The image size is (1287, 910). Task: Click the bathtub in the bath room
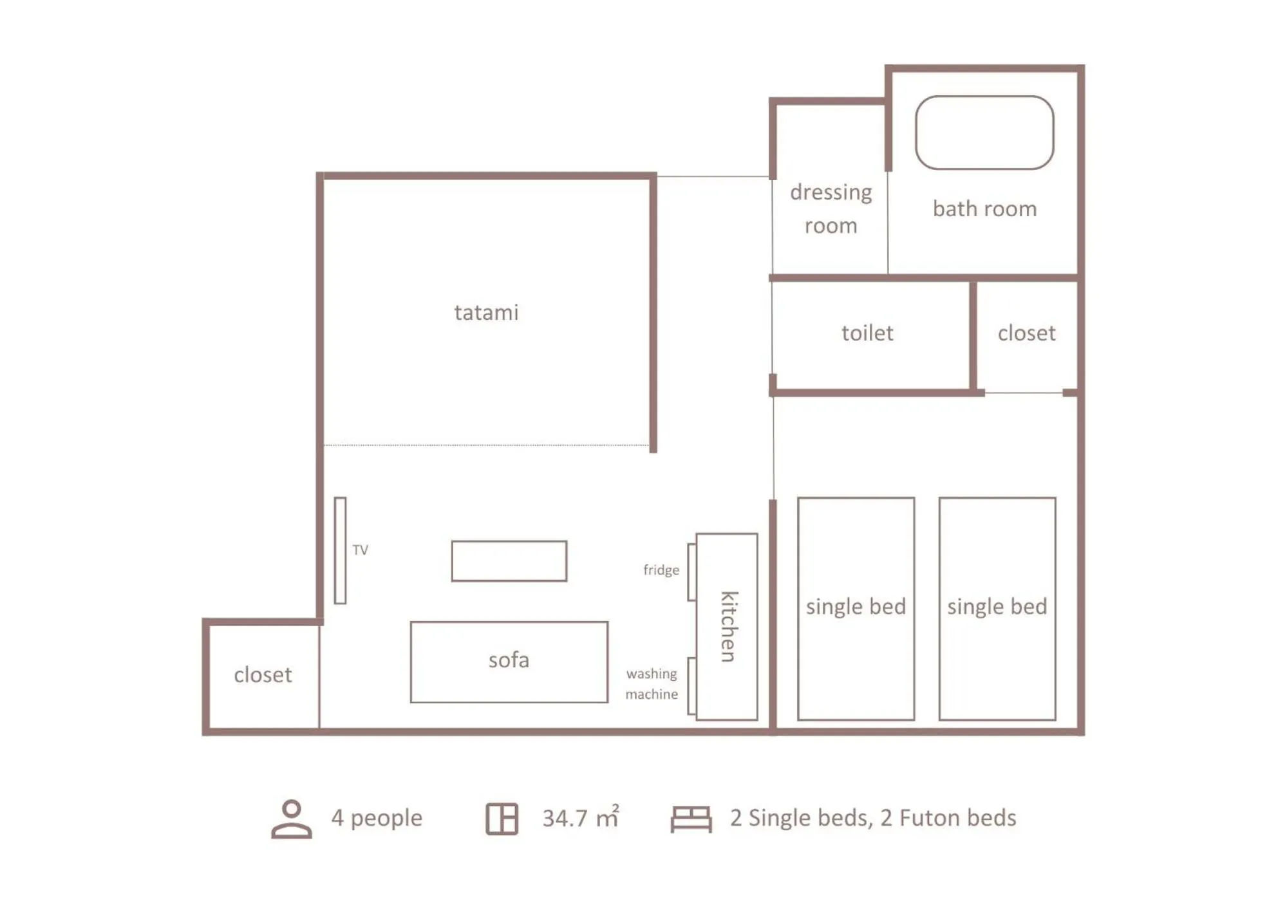(x=984, y=133)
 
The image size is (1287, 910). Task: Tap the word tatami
(x=486, y=313)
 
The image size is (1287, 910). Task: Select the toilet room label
(x=867, y=333)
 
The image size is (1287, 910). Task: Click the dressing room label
(x=831, y=209)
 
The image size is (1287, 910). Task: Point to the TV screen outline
(x=340, y=550)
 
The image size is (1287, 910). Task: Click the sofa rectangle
(x=509, y=662)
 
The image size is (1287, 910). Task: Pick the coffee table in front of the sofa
(x=509, y=561)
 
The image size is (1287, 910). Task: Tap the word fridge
(x=661, y=570)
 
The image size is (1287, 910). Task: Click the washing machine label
(x=652, y=683)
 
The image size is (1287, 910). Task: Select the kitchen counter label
(x=728, y=626)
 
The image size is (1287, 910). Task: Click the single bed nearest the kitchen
(x=856, y=608)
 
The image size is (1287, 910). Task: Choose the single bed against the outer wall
(x=997, y=608)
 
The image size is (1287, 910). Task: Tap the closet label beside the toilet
(x=1026, y=333)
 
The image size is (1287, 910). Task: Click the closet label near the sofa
(x=263, y=675)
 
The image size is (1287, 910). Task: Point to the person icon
(x=291, y=819)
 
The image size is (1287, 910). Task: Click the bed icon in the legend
(x=691, y=819)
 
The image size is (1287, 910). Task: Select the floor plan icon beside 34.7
(x=502, y=819)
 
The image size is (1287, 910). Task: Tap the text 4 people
(x=377, y=818)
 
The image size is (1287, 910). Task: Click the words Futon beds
(x=957, y=818)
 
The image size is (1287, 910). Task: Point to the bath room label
(x=984, y=209)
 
